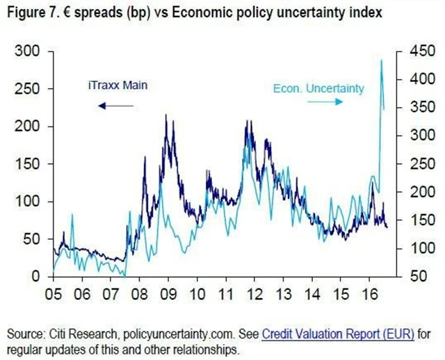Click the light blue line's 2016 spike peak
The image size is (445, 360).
381,60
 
